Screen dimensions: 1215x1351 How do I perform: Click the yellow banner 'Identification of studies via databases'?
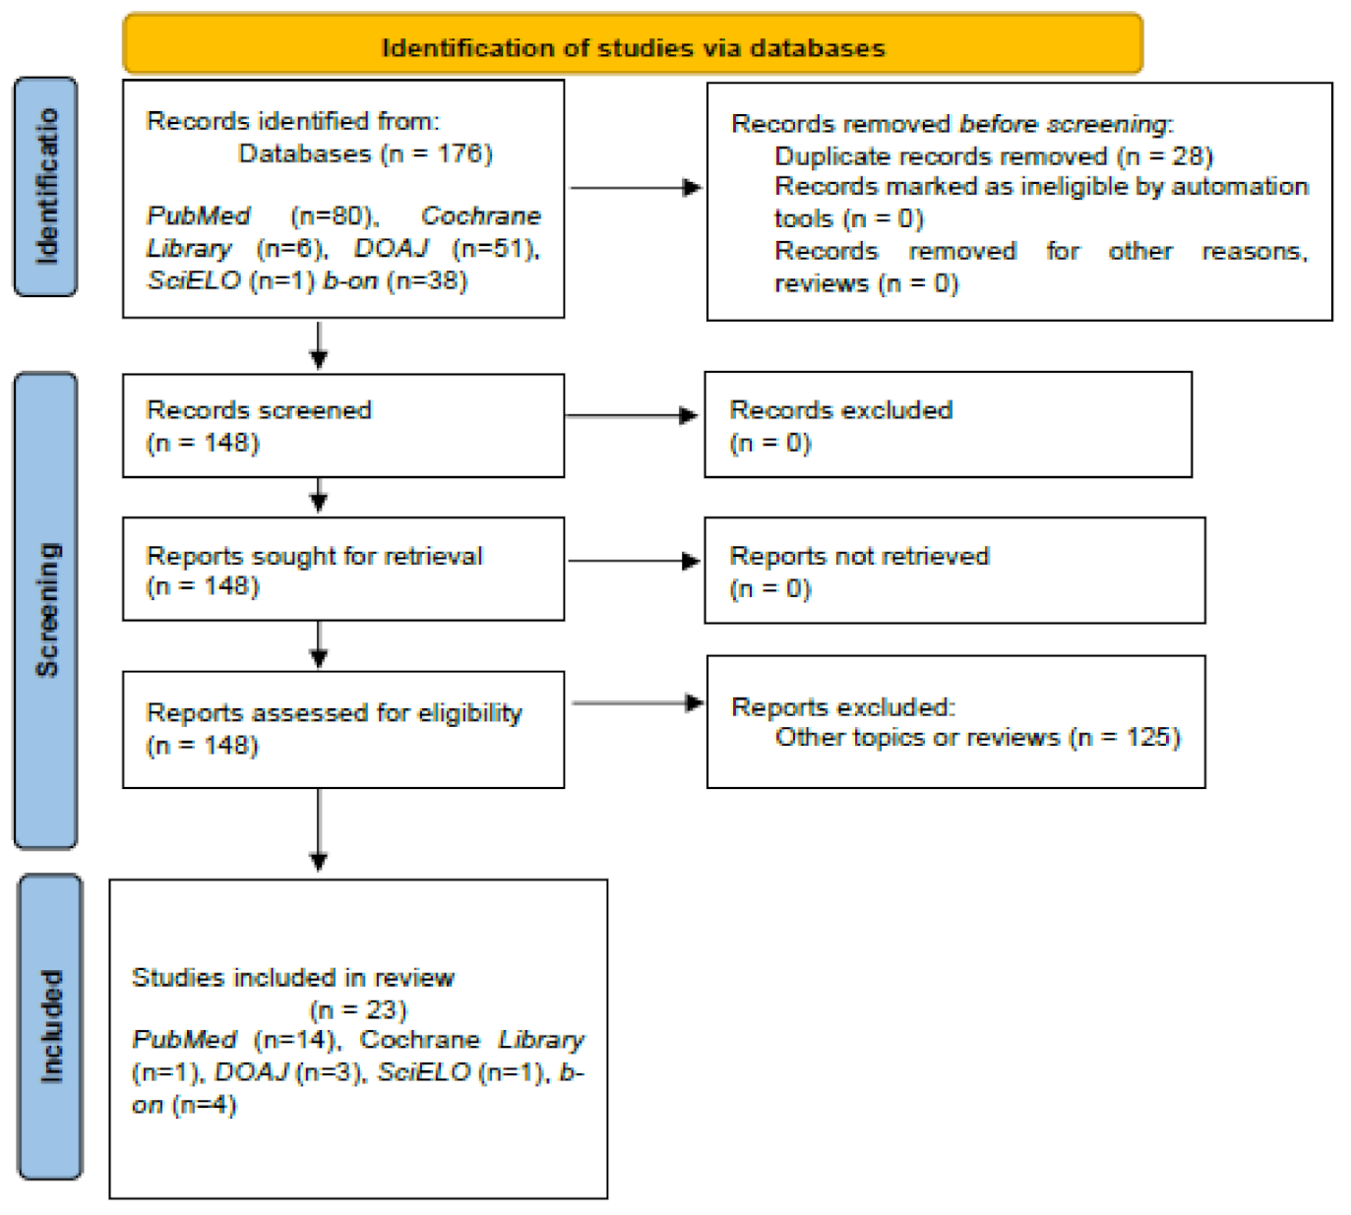pos(633,46)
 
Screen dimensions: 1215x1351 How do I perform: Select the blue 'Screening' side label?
pos(46,609)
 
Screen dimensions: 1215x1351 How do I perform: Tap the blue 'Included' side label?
pos(50,1026)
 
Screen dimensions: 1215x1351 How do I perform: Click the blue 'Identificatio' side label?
pos(46,187)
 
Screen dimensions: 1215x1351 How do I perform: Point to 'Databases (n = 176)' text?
pos(365,153)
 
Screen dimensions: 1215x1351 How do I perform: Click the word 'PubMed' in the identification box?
pos(198,215)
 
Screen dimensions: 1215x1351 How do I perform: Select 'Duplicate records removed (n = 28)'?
pos(993,156)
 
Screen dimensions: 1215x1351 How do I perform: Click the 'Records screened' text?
pos(259,410)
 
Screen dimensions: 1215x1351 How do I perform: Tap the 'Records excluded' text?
pos(840,410)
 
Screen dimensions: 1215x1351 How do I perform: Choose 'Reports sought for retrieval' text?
pos(314,556)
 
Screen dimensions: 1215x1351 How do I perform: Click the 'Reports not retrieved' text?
pos(859,556)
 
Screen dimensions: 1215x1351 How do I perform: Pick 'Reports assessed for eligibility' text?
pos(334,712)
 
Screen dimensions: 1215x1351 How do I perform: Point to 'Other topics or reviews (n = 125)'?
pos(977,738)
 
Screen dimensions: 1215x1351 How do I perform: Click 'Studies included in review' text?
pos(292,977)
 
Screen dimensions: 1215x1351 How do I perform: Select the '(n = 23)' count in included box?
pos(358,1009)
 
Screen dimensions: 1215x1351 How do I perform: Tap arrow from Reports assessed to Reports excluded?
pos(638,703)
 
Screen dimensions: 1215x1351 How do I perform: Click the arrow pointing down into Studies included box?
pos(319,828)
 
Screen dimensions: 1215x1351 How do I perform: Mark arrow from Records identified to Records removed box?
pos(636,187)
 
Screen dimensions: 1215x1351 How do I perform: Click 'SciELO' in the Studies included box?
pos(423,1072)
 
